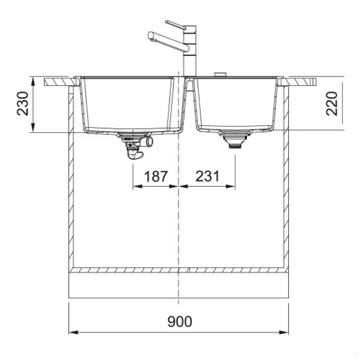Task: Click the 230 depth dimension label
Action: (x=23, y=104)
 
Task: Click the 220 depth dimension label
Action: (x=332, y=104)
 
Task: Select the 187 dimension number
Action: (x=156, y=176)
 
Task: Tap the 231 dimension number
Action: (x=207, y=176)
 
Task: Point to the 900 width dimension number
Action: (x=179, y=322)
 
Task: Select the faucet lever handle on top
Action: (x=176, y=25)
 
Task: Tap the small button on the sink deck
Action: (x=220, y=74)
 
